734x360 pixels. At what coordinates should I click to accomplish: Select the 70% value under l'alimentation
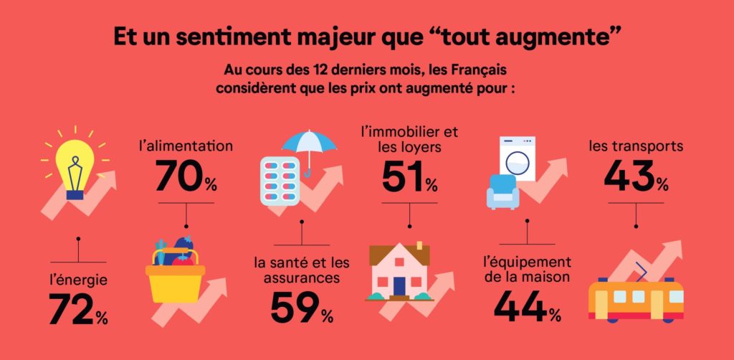186,177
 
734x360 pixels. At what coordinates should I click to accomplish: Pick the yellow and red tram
636,298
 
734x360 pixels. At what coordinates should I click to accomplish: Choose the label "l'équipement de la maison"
527,269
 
